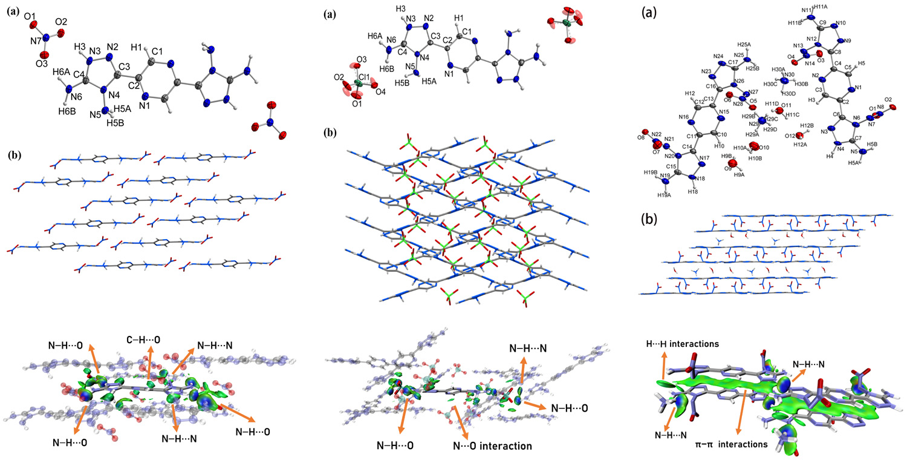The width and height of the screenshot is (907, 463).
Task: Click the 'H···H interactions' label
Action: pyautogui.click(x=682, y=344)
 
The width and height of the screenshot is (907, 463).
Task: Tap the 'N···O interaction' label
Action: pyautogui.click(x=493, y=446)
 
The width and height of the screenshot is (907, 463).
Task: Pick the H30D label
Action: pyautogui.click(x=789, y=93)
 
